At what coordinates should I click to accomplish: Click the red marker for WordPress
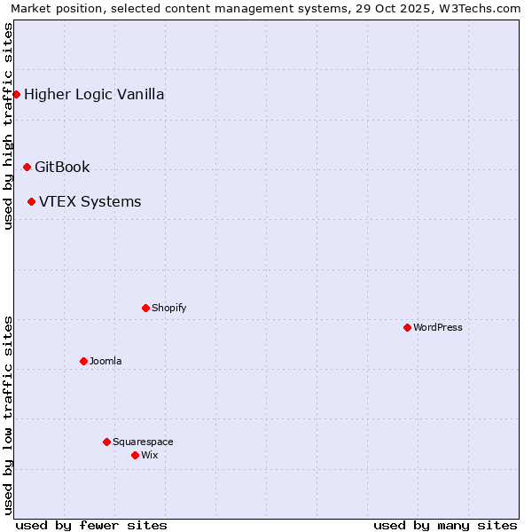pyautogui.click(x=407, y=327)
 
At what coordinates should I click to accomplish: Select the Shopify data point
pyautogui.click(x=145, y=308)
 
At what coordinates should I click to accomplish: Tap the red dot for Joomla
pyautogui.click(x=83, y=361)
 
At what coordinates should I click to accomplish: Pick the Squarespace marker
pyautogui.click(x=106, y=442)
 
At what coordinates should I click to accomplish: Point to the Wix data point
pyautogui.click(x=135, y=455)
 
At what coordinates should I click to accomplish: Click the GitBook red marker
pyautogui.click(x=27, y=167)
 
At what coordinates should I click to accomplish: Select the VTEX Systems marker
pyautogui.click(x=31, y=201)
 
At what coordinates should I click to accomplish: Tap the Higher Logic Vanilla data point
pyautogui.click(x=16, y=94)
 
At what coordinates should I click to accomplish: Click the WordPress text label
pyautogui.click(x=438, y=327)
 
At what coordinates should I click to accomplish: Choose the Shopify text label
pyautogui.click(x=168, y=308)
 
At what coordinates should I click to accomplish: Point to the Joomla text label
pyautogui.click(x=106, y=361)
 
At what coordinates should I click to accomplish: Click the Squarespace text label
pyautogui.click(x=143, y=442)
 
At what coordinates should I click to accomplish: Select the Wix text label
pyautogui.click(x=149, y=455)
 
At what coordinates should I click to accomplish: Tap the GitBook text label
pyautogui.click(x=62, y=167)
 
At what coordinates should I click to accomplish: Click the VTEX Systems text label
pyautogui.click(x=90, y=201)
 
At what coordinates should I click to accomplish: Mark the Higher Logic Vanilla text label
pyautogui.click(x=94, y=94)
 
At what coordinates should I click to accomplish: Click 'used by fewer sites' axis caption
pyautogui.click(x=91, y=525)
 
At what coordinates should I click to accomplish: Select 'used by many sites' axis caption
pyautogui.click(x=445, y=525)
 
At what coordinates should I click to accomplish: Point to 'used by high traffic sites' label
pyautogui.click(x=9, y=126)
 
